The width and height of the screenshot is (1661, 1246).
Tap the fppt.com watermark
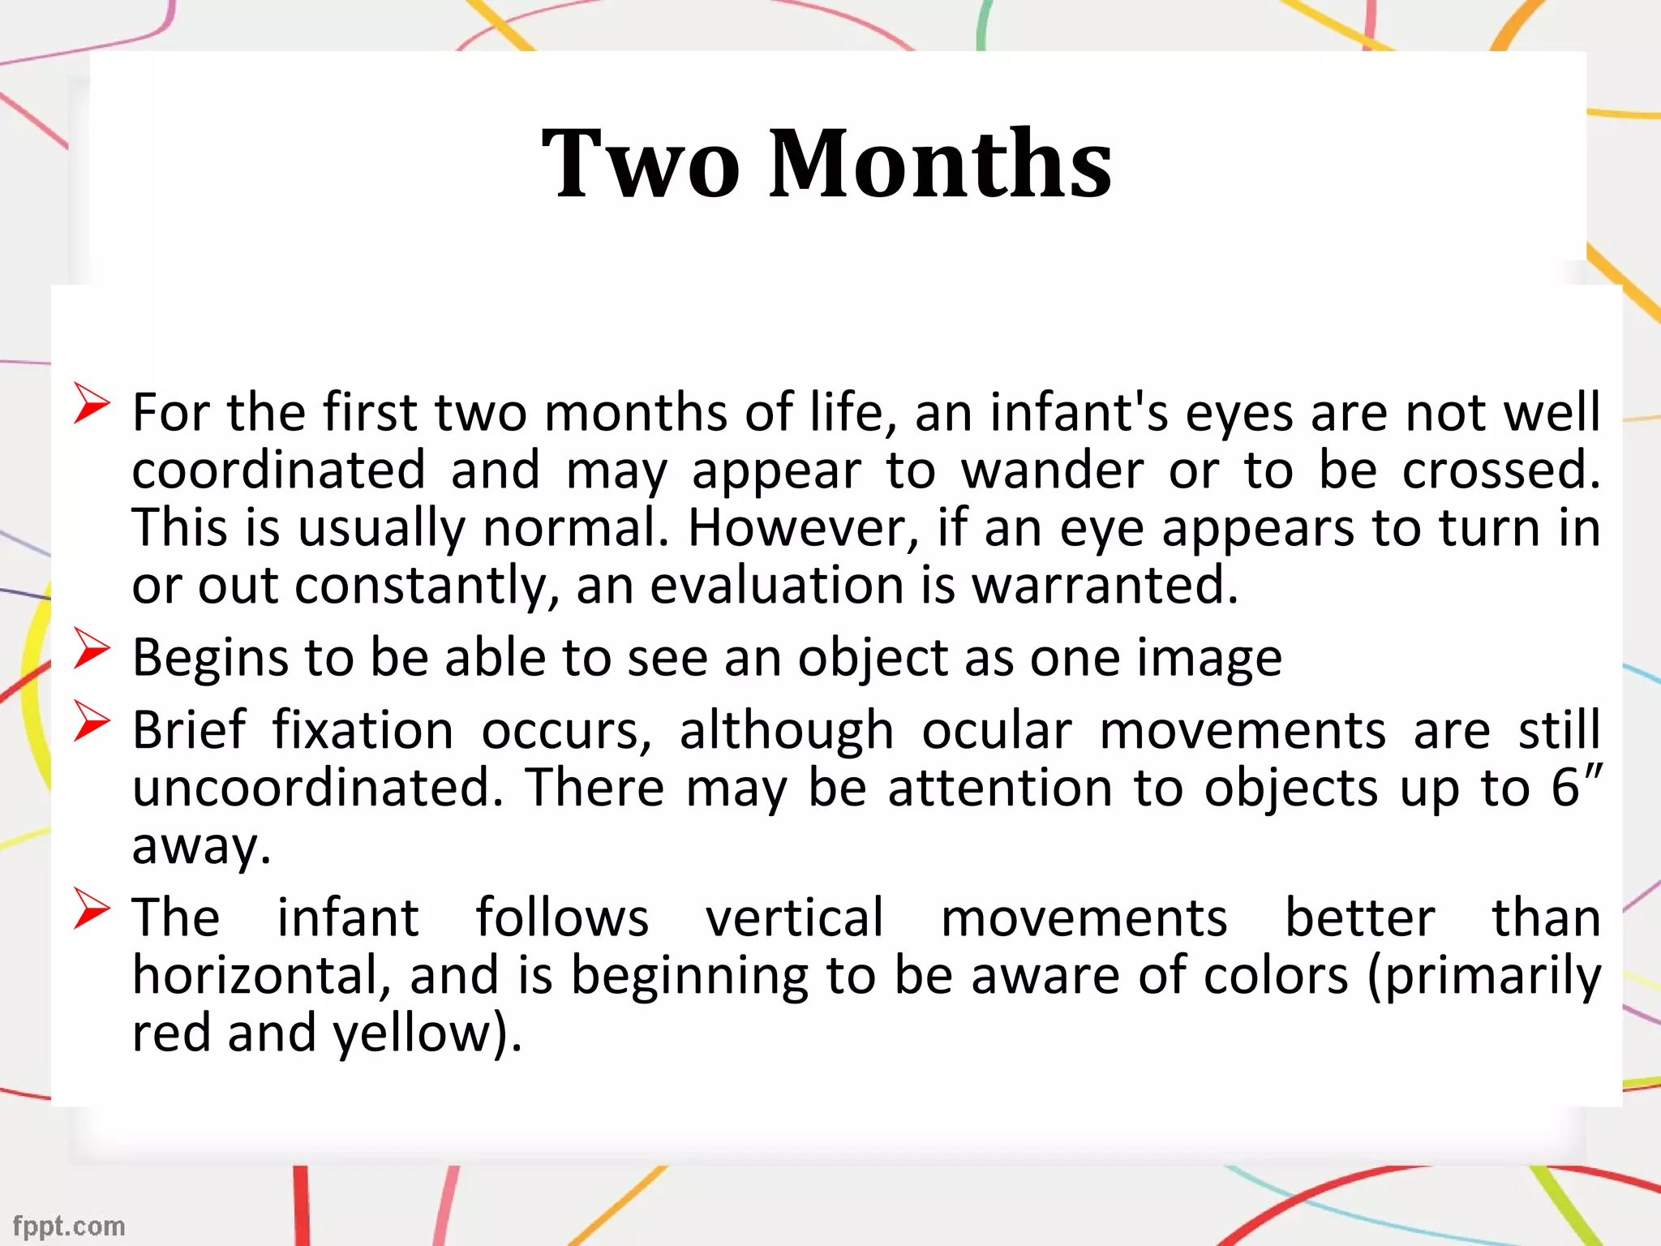[69, 1226]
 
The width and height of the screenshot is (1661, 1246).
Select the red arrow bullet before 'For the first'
[91, 403]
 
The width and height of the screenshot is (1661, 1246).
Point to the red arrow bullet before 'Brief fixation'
[91, 721]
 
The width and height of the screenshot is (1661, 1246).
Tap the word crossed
[1500, 470]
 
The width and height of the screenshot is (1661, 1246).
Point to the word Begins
[210, 658]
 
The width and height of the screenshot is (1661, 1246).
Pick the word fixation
[363, 730]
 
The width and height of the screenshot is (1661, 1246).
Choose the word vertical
[794, 917]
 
